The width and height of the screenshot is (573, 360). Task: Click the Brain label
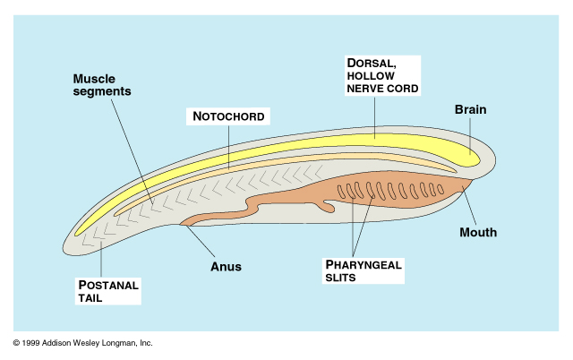(471, 110)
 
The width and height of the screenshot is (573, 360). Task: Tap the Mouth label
(477, 233)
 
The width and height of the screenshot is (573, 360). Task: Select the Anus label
(226, 266)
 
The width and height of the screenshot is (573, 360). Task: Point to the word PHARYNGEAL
(365, 265)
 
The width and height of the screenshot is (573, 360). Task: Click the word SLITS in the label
(341, 279)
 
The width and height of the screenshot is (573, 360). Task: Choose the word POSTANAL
(108, 285)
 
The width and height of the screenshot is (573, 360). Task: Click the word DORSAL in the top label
(370, 63)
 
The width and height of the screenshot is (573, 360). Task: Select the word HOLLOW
(373, 75)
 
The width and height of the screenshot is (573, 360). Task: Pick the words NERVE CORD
(383, 88)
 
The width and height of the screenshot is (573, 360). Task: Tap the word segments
(102, 91)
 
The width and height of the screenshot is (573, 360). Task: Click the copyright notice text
(83, 343)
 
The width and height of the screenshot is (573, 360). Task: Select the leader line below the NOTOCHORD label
(229, 145)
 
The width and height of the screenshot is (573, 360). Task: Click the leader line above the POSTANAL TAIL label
(101, 259)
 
